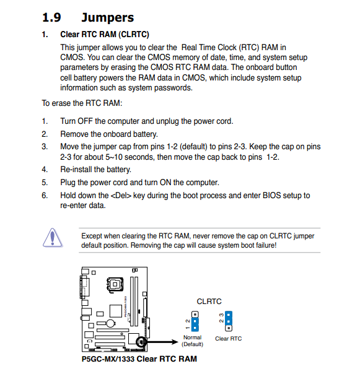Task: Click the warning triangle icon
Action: [x=53, y=238]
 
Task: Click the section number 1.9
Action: [x=51, y=17]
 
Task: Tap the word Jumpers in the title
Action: [x=107, y=18]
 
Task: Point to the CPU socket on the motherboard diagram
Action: [x=115, y=284]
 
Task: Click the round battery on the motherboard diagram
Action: [x=110, y=323]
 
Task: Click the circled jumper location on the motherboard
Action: [x=141, y=342]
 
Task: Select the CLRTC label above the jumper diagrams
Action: [x=209, y=302]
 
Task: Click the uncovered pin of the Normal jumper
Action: [x=195, y=315]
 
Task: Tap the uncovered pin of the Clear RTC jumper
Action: [x=229, y=328]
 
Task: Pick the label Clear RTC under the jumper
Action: [x=228, y=339]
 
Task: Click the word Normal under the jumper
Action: [x=193, y=337]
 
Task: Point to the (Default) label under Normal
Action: [x=193, y=344]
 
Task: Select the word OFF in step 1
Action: [x=85, y=121]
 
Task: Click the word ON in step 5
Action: [x=165, y=183]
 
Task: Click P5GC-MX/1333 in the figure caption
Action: [x=108, y=359]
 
